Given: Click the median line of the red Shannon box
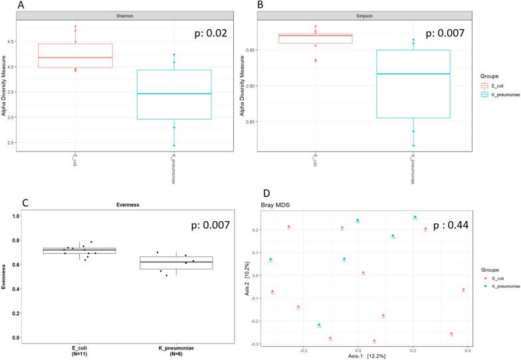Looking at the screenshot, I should click(75, 58).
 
